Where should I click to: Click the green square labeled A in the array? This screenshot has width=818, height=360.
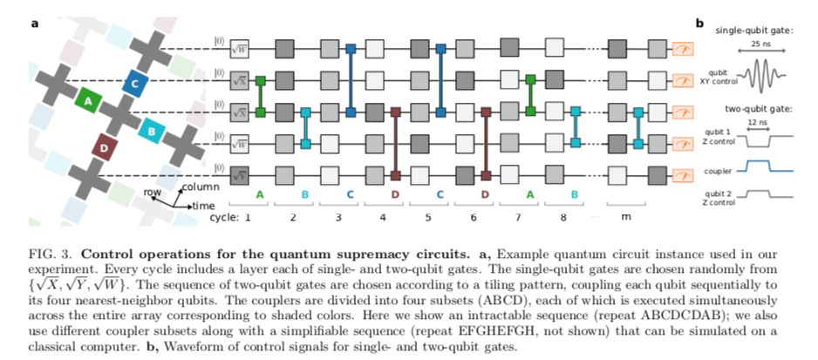point(85,100)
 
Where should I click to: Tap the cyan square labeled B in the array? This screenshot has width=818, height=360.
point(151,131)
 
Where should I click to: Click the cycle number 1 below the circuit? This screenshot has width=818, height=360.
point(248,218)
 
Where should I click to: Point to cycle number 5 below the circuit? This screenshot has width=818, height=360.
point(426,218)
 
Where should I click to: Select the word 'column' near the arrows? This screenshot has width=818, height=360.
point(200,187)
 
